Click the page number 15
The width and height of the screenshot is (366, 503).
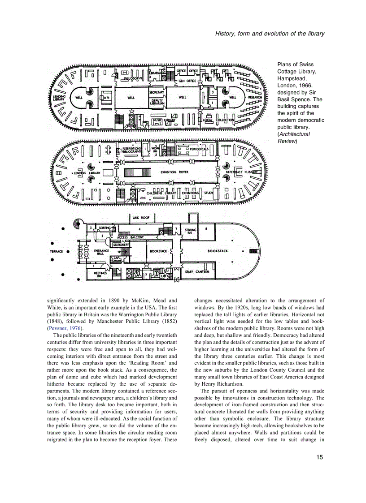[319, 457]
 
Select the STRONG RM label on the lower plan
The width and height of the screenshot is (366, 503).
[191, 231]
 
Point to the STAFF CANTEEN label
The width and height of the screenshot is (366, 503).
[197, 271]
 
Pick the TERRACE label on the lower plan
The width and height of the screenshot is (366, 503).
[56, 251]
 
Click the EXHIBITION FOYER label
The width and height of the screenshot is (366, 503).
[174, 172]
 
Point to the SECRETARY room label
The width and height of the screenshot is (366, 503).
[157, 92]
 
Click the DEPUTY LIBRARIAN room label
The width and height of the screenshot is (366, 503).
[157, 102]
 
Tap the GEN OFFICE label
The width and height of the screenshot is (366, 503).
[187, 81]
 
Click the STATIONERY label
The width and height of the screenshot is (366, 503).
[121, 245]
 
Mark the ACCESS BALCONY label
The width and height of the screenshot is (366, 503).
[128, 237]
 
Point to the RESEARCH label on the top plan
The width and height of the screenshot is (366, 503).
[255, 97]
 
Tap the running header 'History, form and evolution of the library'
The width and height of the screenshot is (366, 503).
[270, 34]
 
